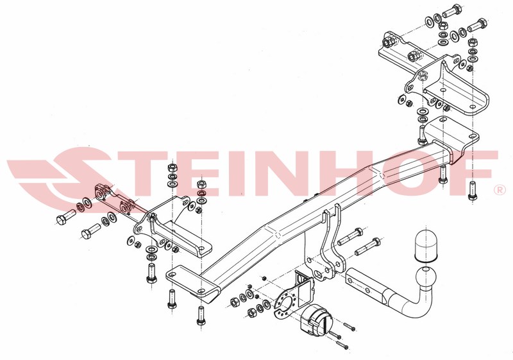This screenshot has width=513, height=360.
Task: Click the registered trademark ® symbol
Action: click(x=499, y=191)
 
